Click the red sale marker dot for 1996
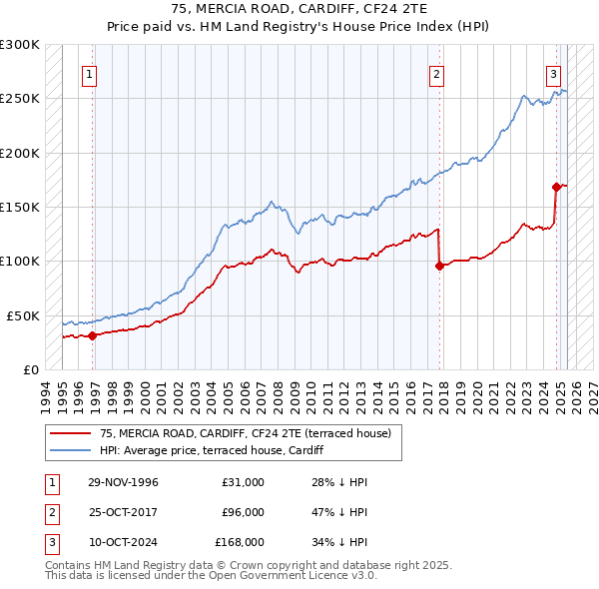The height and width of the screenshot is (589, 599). pos(92,335)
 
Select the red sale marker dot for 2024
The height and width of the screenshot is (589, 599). pos(556,187)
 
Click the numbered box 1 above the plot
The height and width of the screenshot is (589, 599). pos(90,74)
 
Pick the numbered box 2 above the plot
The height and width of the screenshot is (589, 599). pos(437,74)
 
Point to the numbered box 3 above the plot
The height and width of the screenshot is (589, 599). pos(553,74)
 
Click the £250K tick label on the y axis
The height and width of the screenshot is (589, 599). pos(20,99)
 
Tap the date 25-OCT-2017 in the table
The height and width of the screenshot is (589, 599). pos(123,512)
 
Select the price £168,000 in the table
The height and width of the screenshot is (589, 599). pos(240,542)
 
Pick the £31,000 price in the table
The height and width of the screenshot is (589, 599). pos(243,482)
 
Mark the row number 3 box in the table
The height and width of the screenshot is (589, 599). pos(50,542)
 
